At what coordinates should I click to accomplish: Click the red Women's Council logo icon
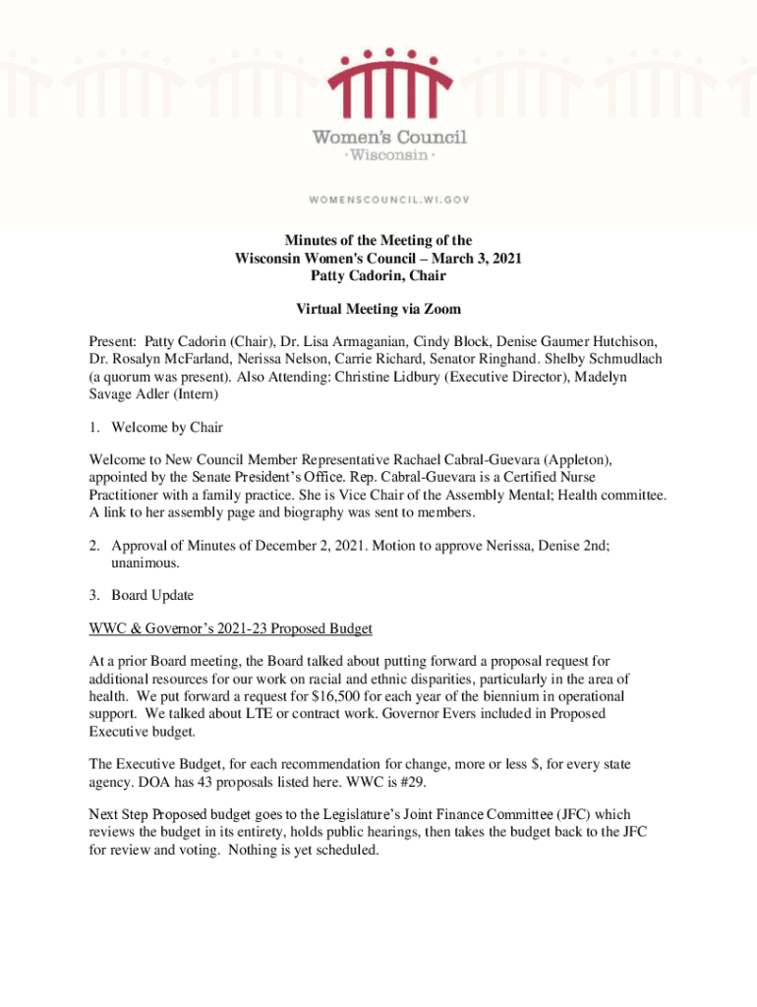pyautogui.click(x=390, y=85)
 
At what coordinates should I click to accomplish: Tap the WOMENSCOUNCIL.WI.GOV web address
pyautogui.click(x=390, y=199)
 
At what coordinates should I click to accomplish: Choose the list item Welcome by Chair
pyautogui.click(x=167, y=427)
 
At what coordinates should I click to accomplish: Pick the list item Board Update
pyautogui.click(x=152, y=595)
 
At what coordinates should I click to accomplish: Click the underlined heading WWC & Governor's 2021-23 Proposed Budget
pyautogui.click(x=231, y=628)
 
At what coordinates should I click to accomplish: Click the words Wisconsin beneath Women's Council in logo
pyautogui.click(x=389, y=155)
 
